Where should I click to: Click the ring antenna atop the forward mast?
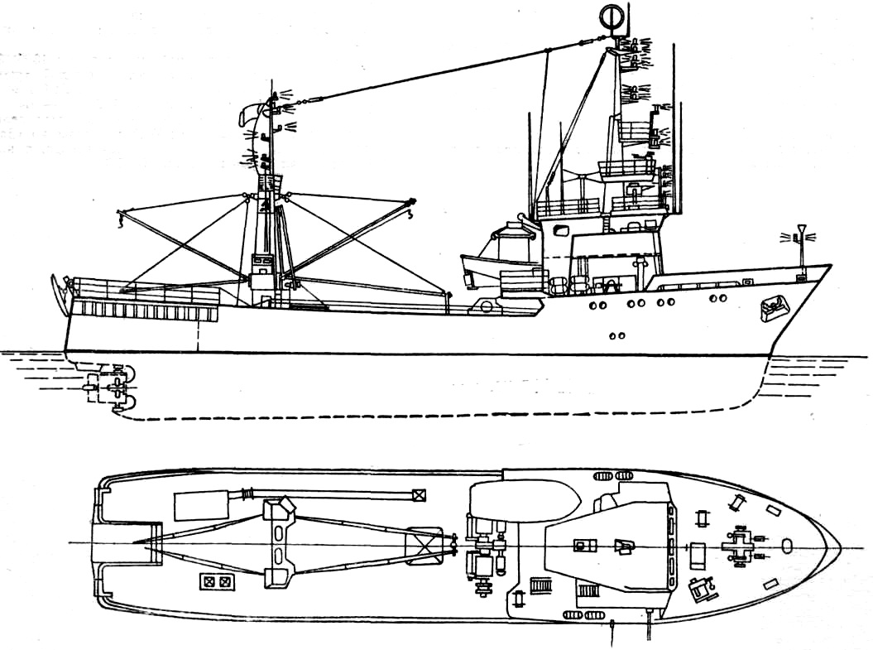[610, 17]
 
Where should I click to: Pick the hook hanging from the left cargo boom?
[121, 219]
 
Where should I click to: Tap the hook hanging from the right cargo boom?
[411, 217]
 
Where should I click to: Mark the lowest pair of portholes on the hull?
[616, 335]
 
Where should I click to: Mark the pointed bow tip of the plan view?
[840, 546]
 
